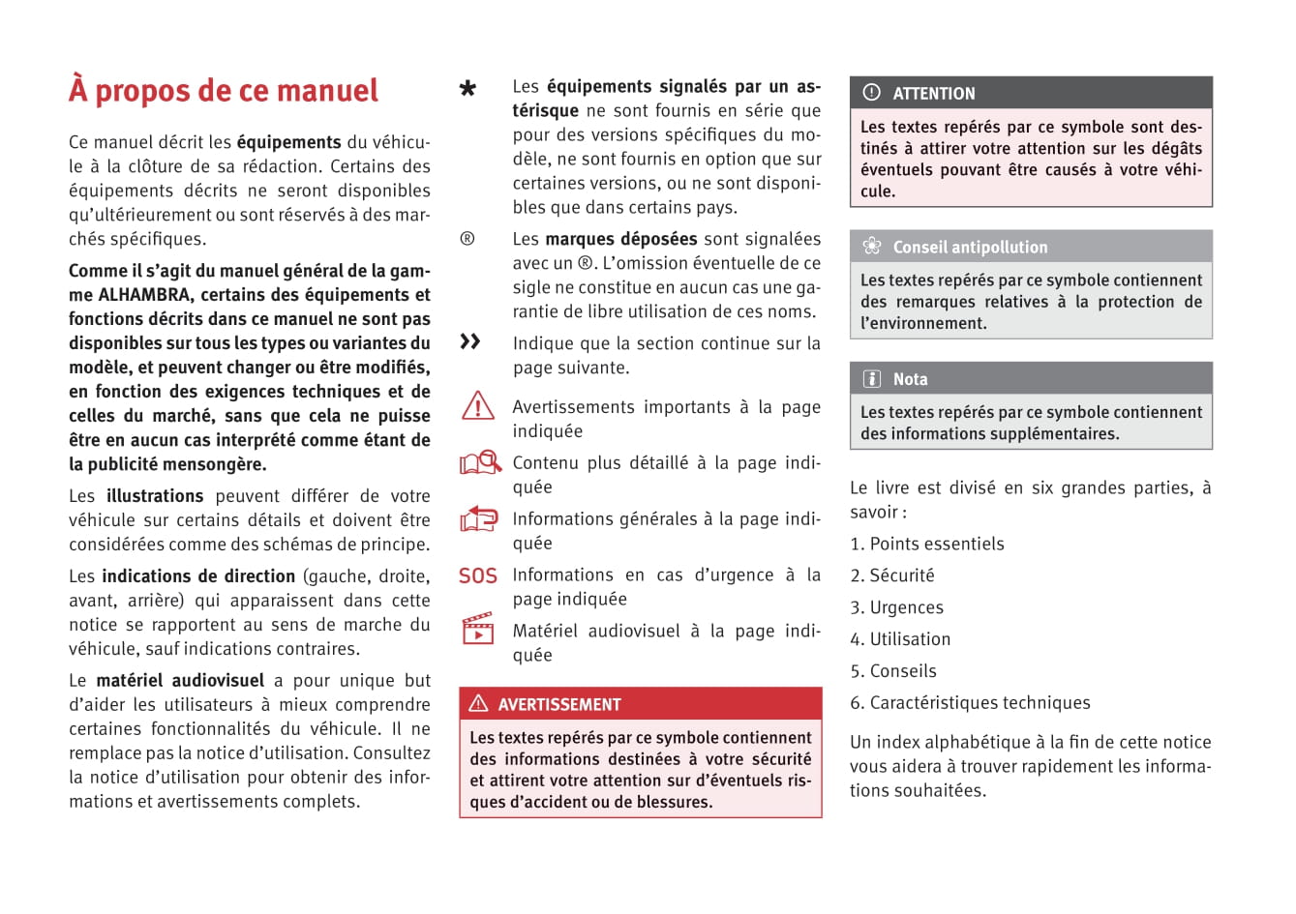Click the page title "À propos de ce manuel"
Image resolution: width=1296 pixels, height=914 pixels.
coord(224,91)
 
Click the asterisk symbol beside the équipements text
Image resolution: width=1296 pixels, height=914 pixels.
coord(467,89)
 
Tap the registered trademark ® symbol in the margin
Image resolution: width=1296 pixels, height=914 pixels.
coord(467,239)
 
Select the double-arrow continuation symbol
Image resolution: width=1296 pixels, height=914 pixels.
coord(470,341)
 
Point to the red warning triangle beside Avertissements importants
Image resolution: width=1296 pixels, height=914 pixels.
coord(478,405)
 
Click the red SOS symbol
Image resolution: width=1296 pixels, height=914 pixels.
coord(478,576)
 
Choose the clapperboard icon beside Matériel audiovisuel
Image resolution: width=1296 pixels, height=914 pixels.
coord(478,629)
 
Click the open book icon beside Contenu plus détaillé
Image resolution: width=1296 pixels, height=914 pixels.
coord(478,463)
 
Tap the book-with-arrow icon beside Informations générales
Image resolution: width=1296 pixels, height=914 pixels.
coord(478,519)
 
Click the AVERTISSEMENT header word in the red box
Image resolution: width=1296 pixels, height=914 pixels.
coord(559,705)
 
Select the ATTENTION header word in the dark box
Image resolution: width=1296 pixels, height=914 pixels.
coord(934,94)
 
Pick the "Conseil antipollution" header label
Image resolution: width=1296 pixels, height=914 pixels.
coord(970,248)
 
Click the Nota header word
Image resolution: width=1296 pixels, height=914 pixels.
coord(910,379)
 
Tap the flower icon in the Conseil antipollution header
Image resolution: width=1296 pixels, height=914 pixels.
coord(872,247)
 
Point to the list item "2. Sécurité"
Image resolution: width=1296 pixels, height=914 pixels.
coord(892,576)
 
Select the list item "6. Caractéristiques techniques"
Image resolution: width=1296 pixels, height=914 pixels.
coord(970,703)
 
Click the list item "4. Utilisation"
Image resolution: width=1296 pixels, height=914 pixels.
coord(900,639)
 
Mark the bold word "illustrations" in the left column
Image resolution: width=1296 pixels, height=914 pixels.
coord(155,496)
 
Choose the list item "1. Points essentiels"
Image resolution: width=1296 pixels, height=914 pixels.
coord(927,545)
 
